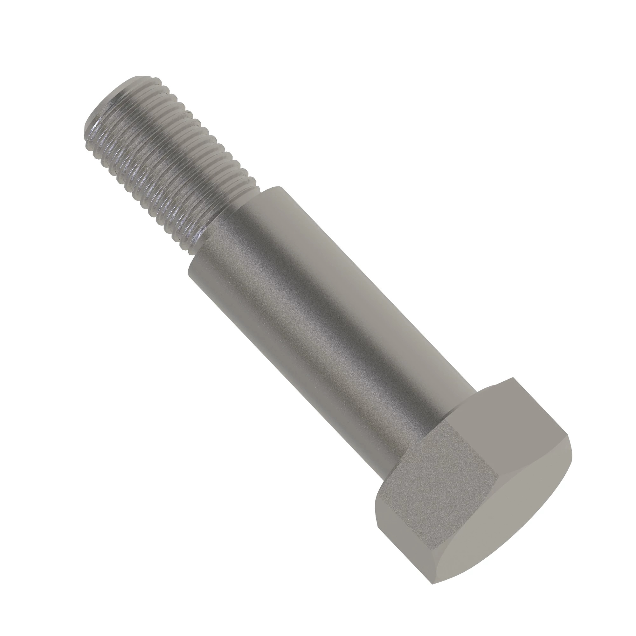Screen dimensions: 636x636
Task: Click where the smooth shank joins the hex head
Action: (x=428, y=425)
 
